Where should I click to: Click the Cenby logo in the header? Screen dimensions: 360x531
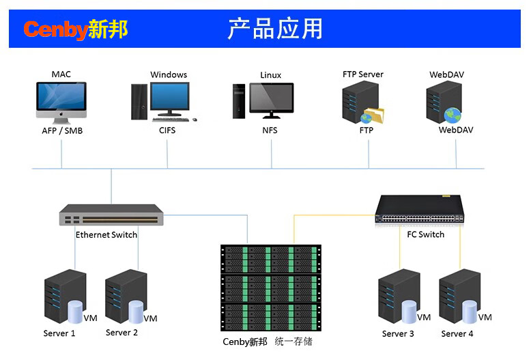[x=75, y=29]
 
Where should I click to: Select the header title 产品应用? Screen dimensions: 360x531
[x=274, y=29]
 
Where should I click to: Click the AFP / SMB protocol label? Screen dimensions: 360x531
[x=61, y=130]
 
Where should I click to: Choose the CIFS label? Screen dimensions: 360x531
[x=167, y=130]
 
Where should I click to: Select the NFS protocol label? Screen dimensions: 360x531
[x=270, y=130]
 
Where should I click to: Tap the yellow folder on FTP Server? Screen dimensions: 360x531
[x=373, y=115]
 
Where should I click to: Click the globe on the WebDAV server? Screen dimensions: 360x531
[x=452, y=115]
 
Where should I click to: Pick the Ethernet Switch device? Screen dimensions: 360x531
[x=111, y=215]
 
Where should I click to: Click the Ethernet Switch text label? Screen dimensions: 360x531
[x=106, y=235]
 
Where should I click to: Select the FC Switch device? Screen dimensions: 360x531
[x=419, y=209]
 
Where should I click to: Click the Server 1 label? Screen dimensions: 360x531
[x=59, y=334]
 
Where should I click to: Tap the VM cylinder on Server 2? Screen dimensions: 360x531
[x=135, y=311]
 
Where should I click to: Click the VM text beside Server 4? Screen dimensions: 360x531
[x=485, y=318]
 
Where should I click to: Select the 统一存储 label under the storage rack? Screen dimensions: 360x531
[x=293, y=342]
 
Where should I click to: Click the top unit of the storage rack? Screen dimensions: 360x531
[x=269, y=258]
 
